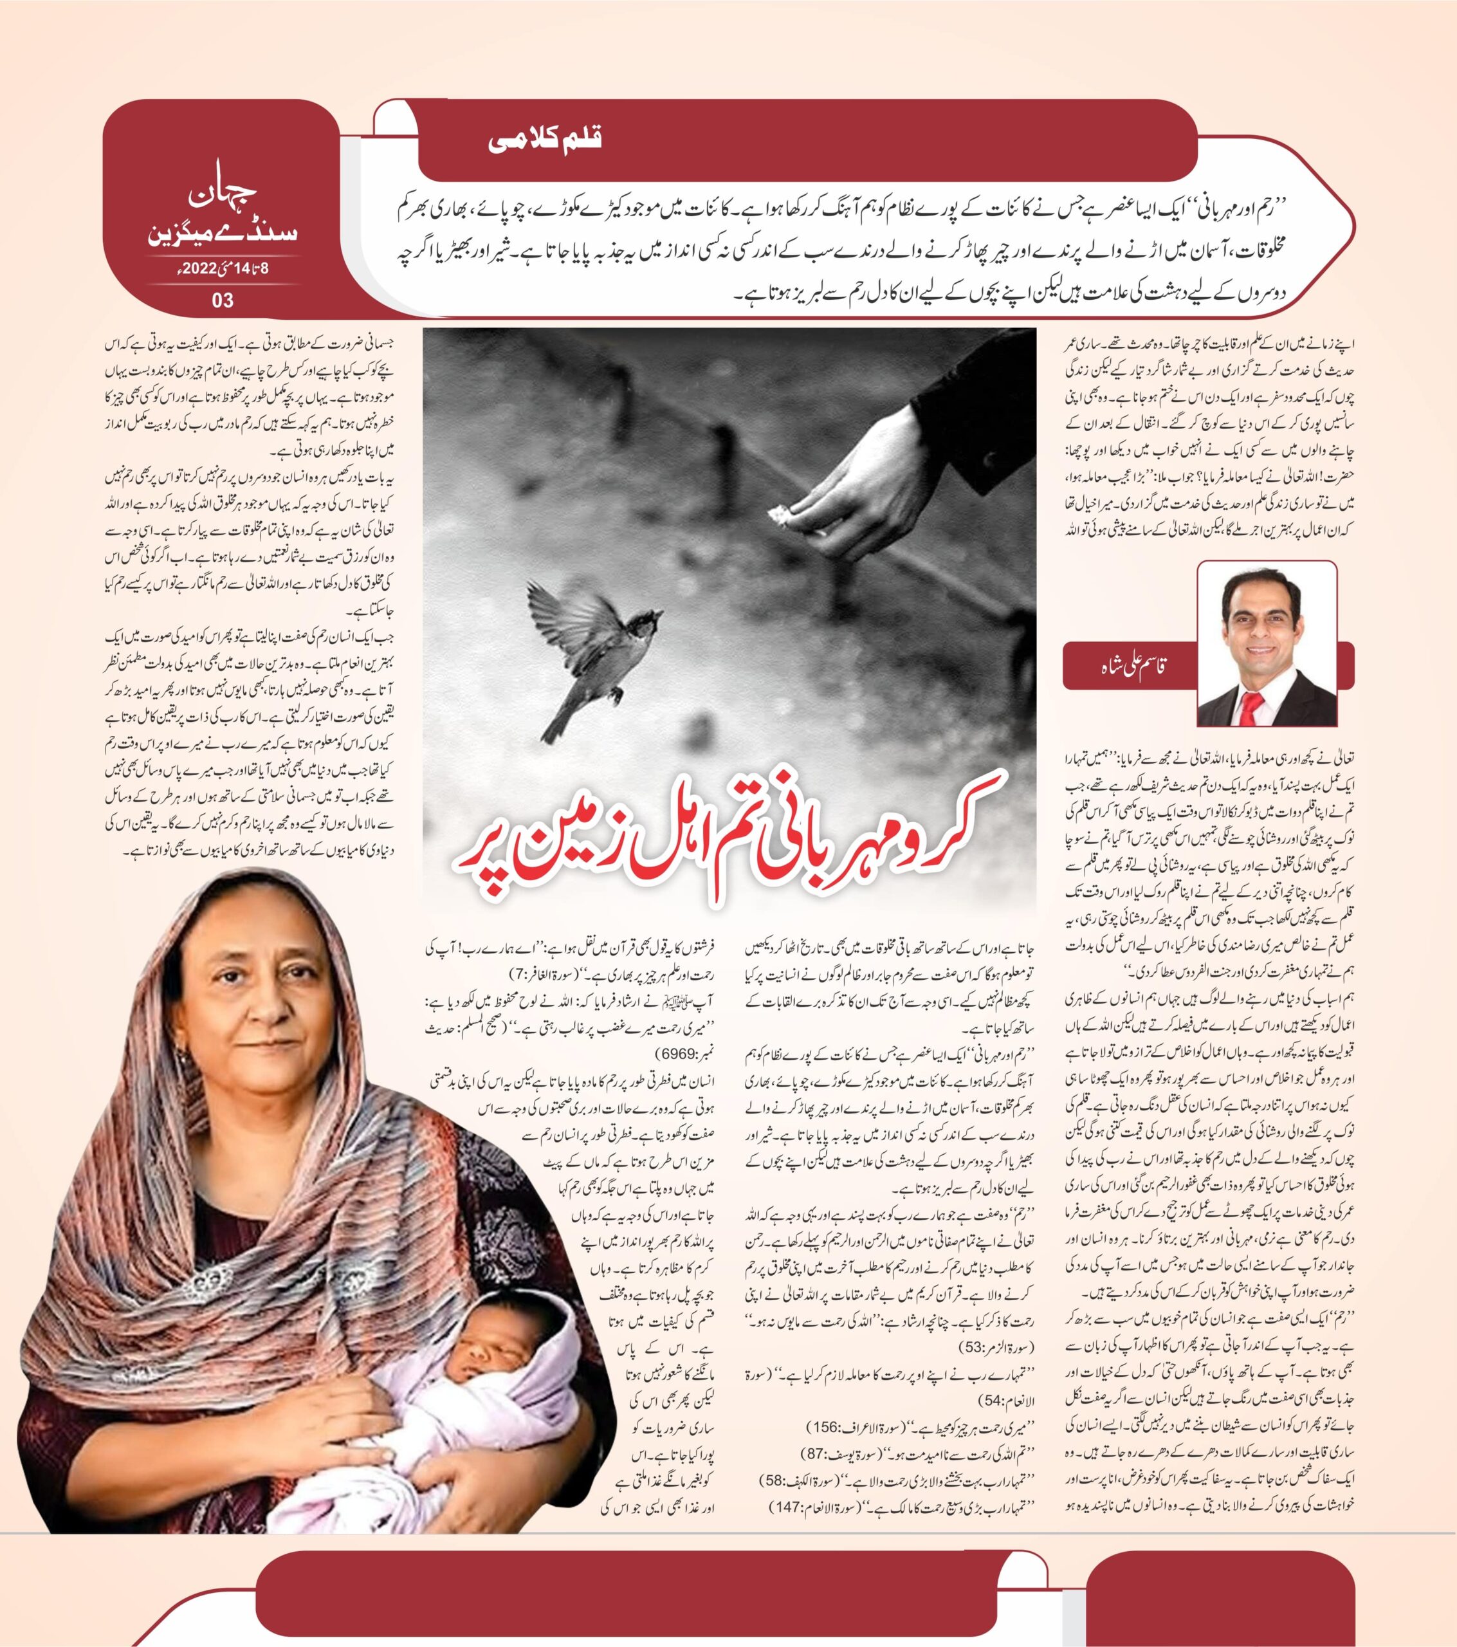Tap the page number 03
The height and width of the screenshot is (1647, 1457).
point(223,300)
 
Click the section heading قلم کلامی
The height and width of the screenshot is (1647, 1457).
point(545,140)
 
